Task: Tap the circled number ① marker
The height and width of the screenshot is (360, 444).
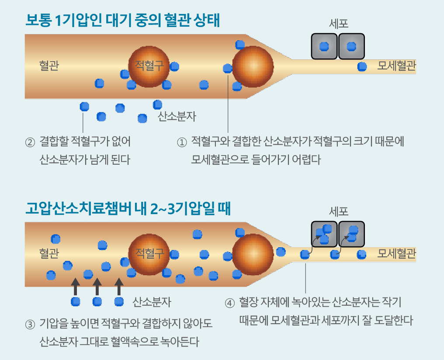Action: tap(181, 142)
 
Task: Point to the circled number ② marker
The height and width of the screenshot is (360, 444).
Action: tap(30, 142)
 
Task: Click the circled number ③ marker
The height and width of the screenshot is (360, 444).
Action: tap(30, 325)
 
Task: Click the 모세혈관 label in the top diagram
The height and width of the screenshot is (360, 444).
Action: tap(396, 66)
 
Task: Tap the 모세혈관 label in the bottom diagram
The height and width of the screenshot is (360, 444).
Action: tap(396, 254)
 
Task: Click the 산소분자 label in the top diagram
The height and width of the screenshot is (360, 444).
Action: tap(177, 117)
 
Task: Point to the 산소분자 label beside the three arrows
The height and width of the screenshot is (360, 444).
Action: tap(152, 302)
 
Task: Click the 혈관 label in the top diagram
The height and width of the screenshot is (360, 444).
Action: tap(49, 66)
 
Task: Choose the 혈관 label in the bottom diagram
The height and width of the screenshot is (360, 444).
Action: tap(49, 253)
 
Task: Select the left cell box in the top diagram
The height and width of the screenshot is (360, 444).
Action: tap(324, 46)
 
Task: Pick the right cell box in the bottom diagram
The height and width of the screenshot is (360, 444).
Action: tap(351, 234)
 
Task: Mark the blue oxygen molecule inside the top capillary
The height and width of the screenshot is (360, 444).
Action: tap(362, 67)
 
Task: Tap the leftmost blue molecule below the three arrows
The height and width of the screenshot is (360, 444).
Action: tap(76, 301)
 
